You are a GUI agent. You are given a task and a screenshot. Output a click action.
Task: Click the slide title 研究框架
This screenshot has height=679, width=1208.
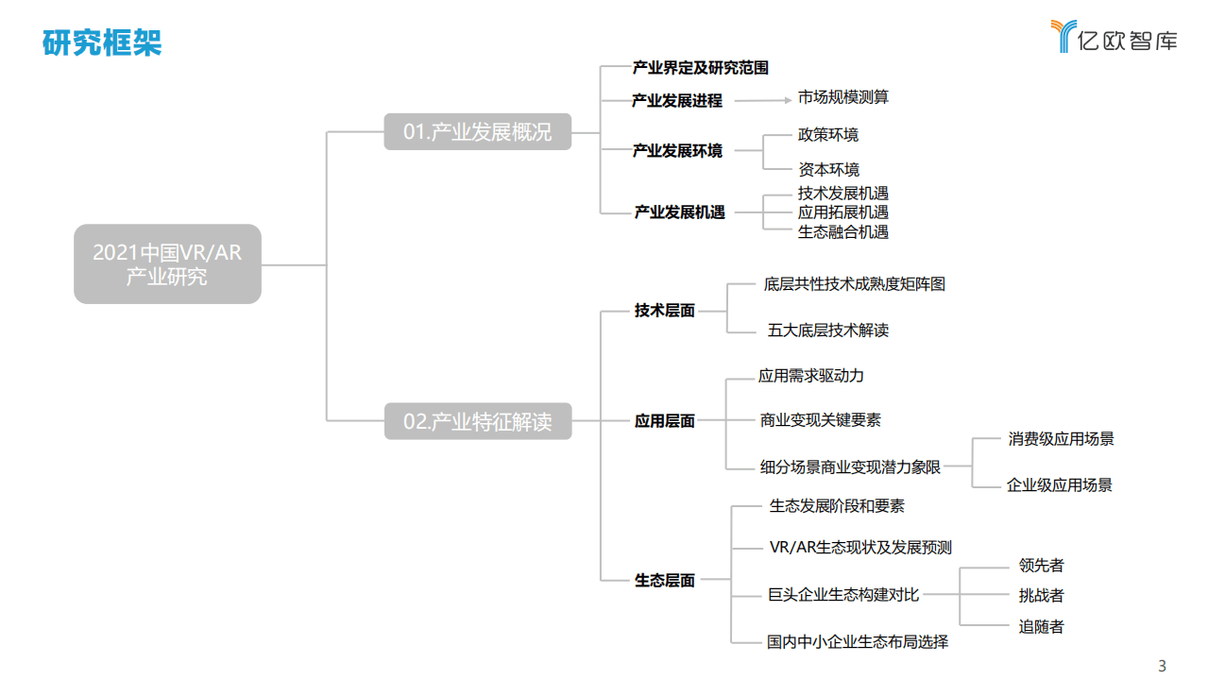[102, 42]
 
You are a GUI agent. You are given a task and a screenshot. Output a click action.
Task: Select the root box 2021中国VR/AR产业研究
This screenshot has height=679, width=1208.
[167, 263]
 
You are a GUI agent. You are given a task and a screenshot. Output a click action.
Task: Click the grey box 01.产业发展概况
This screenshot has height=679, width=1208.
[477, 132]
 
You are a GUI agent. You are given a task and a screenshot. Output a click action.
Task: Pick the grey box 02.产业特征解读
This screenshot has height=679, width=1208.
[477, 421]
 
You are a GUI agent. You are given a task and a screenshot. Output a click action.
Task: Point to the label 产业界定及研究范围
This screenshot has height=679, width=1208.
[700, 68]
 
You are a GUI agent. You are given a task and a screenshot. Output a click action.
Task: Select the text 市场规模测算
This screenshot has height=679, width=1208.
[842, 97]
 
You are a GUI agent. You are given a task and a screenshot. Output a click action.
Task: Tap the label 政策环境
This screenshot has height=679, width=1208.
[828, 135]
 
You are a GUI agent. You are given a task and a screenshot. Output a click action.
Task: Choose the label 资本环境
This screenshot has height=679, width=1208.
[828, 170]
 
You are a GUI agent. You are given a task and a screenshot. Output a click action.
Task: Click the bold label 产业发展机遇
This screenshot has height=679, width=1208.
[679, 212]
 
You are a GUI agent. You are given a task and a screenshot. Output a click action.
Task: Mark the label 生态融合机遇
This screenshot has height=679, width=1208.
[842, 231]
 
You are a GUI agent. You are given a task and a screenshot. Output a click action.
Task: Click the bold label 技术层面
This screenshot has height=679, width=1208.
[664, 311]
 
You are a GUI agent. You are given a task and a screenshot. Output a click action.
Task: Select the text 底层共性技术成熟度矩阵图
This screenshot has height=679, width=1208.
[854, 283]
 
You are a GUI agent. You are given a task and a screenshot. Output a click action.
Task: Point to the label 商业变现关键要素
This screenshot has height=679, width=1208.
[820, 420]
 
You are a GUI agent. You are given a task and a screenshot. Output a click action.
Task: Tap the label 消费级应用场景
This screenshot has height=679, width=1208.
[1061, 439]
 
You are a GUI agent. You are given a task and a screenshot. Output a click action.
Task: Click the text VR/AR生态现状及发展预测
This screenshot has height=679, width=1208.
[860, 548]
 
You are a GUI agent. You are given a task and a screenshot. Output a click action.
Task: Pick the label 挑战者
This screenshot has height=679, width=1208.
[1041, 596]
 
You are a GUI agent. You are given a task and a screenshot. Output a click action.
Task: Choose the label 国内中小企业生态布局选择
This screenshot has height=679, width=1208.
[857, 642]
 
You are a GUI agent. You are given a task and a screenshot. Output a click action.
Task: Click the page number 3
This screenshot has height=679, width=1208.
[1163, 666]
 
